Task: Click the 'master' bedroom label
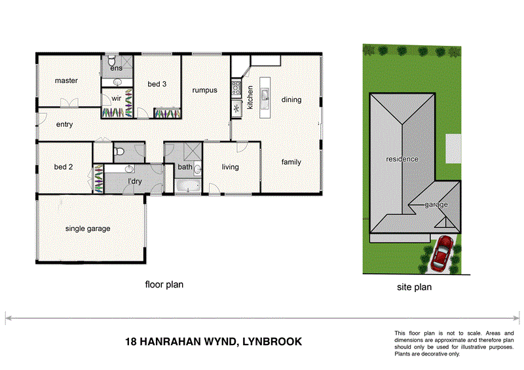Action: point(66,81)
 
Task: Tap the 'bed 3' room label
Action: point(157,84)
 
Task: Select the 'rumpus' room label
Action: point(204,91)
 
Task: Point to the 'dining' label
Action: point(291,100)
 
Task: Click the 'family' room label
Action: point(291,162)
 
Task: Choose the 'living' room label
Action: point(231,167)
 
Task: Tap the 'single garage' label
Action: point(87,229)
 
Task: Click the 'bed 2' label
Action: point(63,167)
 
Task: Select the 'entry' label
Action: point(64,124)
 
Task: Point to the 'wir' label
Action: point(116,98)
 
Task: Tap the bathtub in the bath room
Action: point(188,187)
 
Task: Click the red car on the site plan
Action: point(443,253)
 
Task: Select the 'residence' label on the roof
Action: point(402,159)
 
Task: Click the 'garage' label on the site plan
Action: point(436,205)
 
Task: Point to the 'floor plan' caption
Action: point(164,285)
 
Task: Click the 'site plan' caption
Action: point(414,287)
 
